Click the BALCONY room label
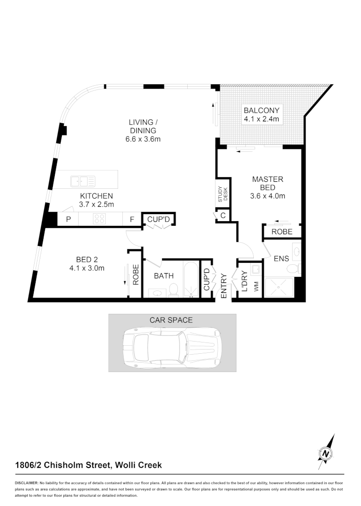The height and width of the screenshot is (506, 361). (x=261, y=111)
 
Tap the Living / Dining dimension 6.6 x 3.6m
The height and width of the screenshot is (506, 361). (x=143, y=139)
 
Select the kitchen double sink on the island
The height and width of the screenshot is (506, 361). (x=82, y=181)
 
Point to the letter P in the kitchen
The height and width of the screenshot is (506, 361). (x=68, y=219)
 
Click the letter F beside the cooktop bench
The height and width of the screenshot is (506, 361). (x=132, y=219)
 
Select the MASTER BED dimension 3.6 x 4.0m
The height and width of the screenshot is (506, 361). (x=268, y=196)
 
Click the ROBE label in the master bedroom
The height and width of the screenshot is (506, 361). (x=282, y=232)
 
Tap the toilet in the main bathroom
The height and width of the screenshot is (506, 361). (x=173, y=290)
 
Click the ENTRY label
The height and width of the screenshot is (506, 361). (x=224, y=286)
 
